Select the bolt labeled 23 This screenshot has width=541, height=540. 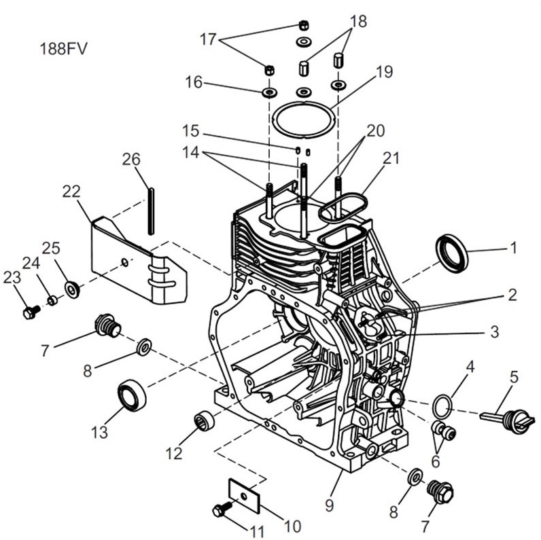pos(29,312)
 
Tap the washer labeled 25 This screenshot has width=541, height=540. pos(71,289)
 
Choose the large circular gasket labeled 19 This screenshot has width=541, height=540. pos(303,118)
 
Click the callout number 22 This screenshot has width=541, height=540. pos(71,192)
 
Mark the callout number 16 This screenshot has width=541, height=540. pos(193,82)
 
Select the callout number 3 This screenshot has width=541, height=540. pos(495,331)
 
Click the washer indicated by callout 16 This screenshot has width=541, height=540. pos(268,90)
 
